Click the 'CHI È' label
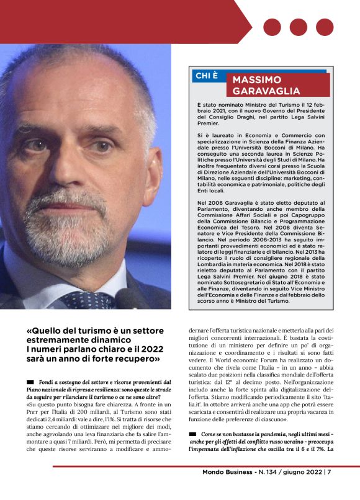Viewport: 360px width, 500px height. coord(207,76)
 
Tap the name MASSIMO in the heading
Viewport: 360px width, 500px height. coord(256,80)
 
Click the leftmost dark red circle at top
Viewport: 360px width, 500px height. coord(272,27)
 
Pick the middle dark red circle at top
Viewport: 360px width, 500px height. coord(299,27)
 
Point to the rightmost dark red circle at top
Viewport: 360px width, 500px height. coord(325,27)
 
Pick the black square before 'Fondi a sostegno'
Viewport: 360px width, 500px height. coord(30,382)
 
